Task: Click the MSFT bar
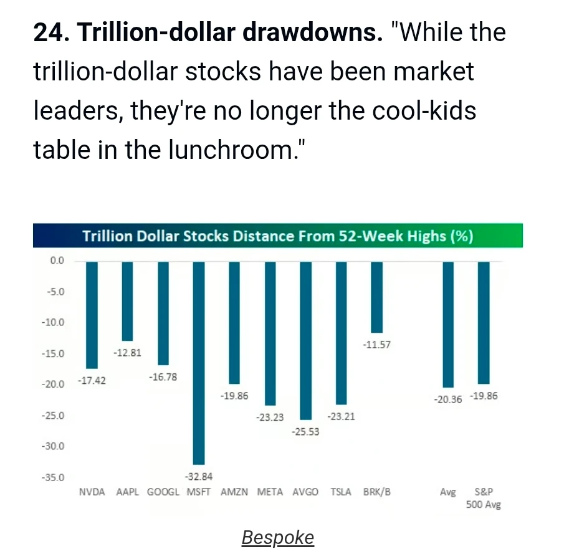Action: tap(199, 363)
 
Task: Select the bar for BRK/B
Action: tap(377, 297)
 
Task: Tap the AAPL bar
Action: tap(127, 301)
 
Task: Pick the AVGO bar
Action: tap(306, 341)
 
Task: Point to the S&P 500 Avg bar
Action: tap(484, 323)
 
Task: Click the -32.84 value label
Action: tap(199, 477)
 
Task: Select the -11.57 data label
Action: tap(376, 345)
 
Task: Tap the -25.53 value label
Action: tap(305, 432)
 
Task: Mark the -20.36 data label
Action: tap(448, 399)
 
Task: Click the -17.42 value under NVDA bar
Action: tap(92, 380)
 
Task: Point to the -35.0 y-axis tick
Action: tap(53, 477)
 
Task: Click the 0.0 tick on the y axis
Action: tap(57, 260)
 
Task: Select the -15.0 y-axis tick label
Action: tap(53, 353)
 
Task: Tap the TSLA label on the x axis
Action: tap(341, 492)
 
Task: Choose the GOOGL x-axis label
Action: tap(163, 492)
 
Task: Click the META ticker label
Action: tap(270, 492)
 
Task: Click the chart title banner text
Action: tap(278, 236)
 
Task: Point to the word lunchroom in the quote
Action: tap(231, 150)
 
